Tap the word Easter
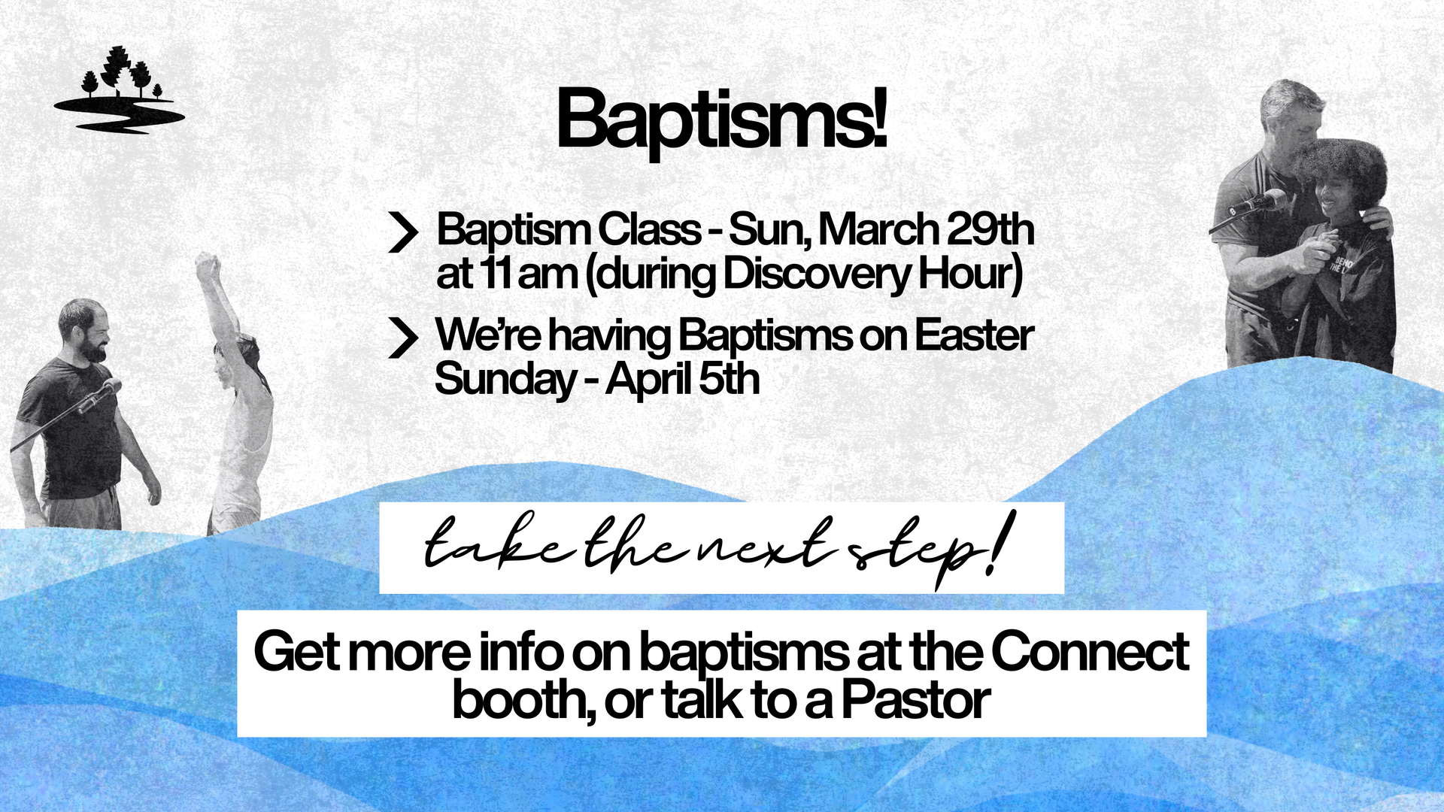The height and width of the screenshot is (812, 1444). (x=973, y=335)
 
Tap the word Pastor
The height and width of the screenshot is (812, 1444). (x=915, y=700)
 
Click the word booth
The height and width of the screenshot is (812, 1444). (x=518, y=700)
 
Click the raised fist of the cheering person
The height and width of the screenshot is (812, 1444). (x=207, y=265)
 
